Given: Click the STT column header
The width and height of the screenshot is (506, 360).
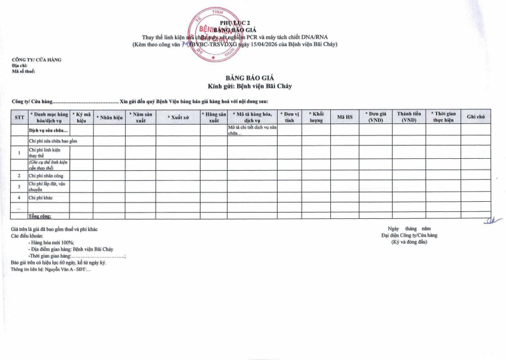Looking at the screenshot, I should [x=20, y=117].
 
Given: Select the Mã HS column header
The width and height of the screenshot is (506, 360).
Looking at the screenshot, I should [x=345, y=117].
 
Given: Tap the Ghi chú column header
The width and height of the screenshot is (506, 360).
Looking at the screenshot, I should [x=476, y=117].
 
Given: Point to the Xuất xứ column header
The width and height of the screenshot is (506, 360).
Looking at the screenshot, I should [x=178, y=117].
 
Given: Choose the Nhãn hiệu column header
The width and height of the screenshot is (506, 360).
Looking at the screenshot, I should [x=109, y=117].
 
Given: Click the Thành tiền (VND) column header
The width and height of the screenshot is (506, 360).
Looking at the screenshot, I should [x=409, y=117].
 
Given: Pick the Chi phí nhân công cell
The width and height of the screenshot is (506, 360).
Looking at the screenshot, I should [x=46, y=175].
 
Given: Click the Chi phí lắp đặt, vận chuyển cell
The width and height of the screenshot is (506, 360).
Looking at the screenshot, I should [x=47, y=186].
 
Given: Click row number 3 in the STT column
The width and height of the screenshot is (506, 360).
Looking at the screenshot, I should [x=20, y=186].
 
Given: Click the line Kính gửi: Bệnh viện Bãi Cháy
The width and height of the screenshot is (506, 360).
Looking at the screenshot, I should [x=250, y=86].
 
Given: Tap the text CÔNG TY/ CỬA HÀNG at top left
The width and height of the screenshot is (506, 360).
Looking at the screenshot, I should [x=37, y=59].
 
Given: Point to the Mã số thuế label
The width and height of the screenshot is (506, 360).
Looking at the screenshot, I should [x=23, y=71].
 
